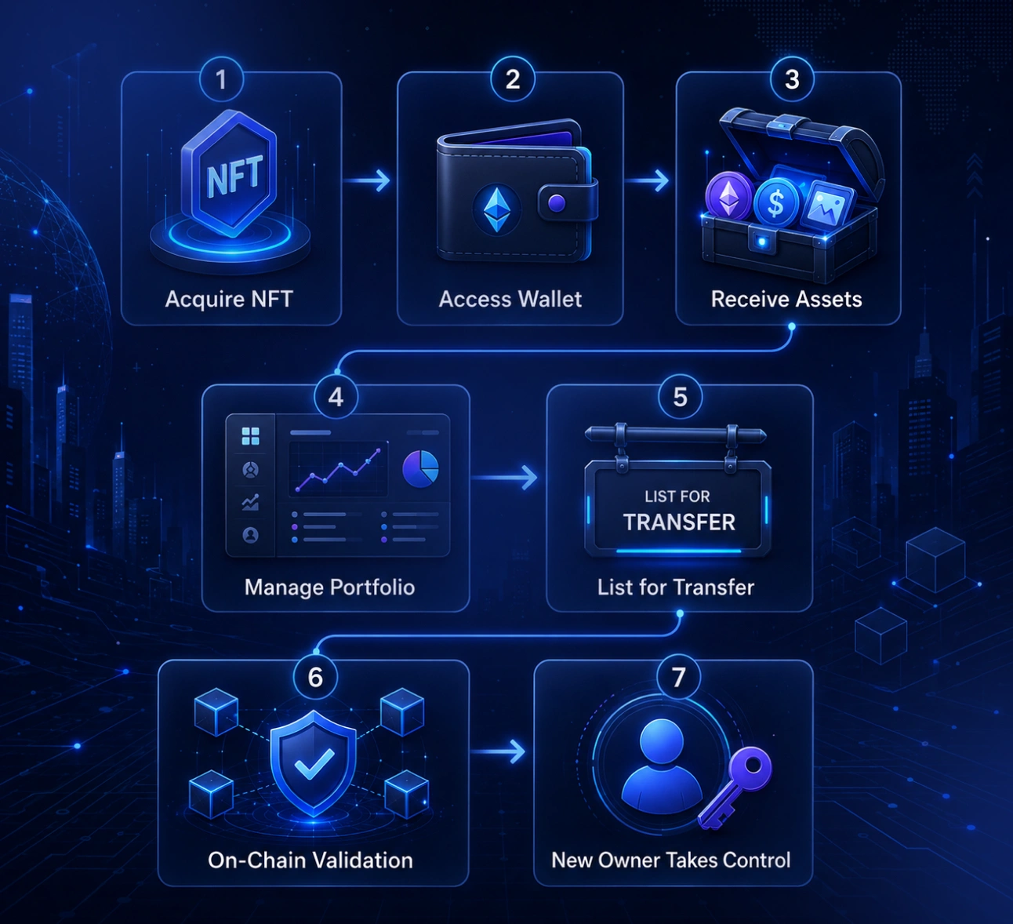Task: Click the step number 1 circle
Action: click(x=221, y=79)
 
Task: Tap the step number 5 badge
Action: click(x=681, y=397)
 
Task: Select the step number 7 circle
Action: click(x=678, y=677)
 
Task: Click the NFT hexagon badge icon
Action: click(x=230, y=174)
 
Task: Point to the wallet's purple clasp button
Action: click(x=557, y=203)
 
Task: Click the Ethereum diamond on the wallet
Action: click(x=497, y=209)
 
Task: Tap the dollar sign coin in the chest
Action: click(x=775, y=202)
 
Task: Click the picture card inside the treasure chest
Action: click(x=827, y=205)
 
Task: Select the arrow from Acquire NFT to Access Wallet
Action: click(x=367, y=180)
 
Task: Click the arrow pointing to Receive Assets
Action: click(x=647, y=180)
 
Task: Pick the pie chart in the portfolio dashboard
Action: click(x=420, y=469)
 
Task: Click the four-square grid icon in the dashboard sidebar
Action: click(x=250, y=435)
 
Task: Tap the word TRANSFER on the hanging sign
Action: click(x=679, y=522)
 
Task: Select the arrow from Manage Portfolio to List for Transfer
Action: click(x=504, y=478)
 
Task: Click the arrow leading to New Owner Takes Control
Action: click(x=498, y=751)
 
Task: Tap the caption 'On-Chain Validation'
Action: click(x=310, y=860)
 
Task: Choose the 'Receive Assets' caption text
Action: click(x=786, y=299)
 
